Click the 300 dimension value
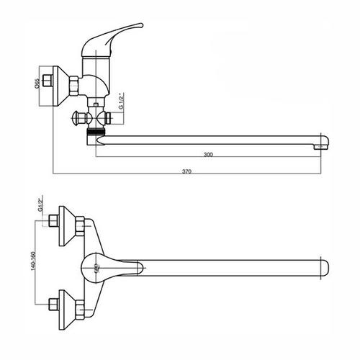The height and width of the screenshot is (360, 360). pyautogui.click(x=208, y=154)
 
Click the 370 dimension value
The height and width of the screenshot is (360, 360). pyautogui.click(x=186, y=171)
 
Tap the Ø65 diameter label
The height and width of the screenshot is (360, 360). pyautogui.click(x=37, y=84)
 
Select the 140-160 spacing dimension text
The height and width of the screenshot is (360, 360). pyautogui.click(x=33, y=261)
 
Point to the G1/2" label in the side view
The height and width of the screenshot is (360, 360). pyautogui.click(x=122, y=101)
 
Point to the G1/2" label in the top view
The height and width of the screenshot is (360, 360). pyautogui.click(x=40, y=204)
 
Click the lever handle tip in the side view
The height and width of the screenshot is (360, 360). pyautogui.click(x=141, y=24)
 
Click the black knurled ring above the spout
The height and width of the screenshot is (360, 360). pyautogui.click(x=96, y=132)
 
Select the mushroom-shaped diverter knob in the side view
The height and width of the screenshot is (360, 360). pyautogui.click(x=78, y=118)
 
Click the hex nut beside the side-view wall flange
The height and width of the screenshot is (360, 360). pyautogui.click(x=73, y=86)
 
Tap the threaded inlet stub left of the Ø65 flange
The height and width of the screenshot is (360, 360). pyautogui.click(x=48, y=81)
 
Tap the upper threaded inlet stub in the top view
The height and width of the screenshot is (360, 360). pyautogui.click(x=54, y=221)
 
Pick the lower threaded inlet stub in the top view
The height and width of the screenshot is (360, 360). pyautogui.click(x=54, y=305)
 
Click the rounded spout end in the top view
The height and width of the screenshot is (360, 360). pyautogui.click(x=325, y=268)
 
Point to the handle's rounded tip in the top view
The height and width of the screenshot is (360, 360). pyautogui.click(x=142, y=267)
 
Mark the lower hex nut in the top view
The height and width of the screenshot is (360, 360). pyautogui.click(x=80, y=310)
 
